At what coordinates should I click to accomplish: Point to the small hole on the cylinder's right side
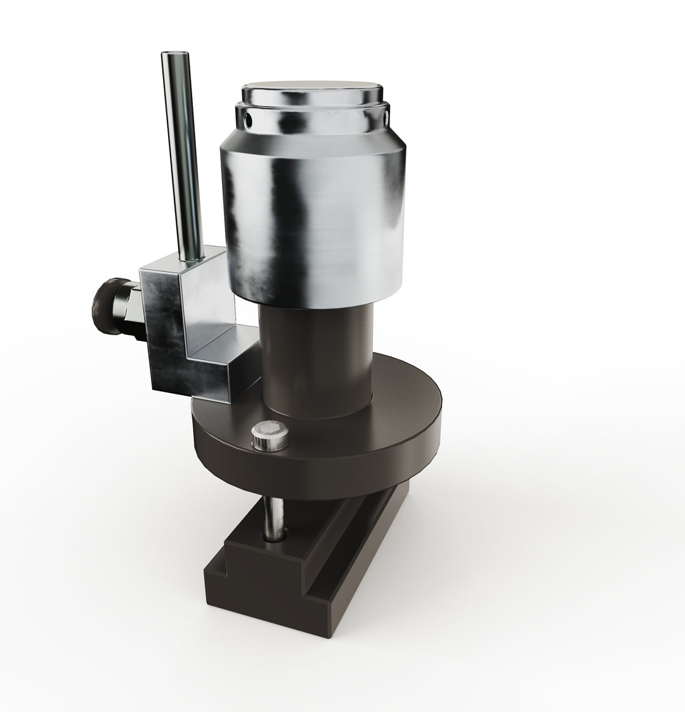click(x=386, y=116)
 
